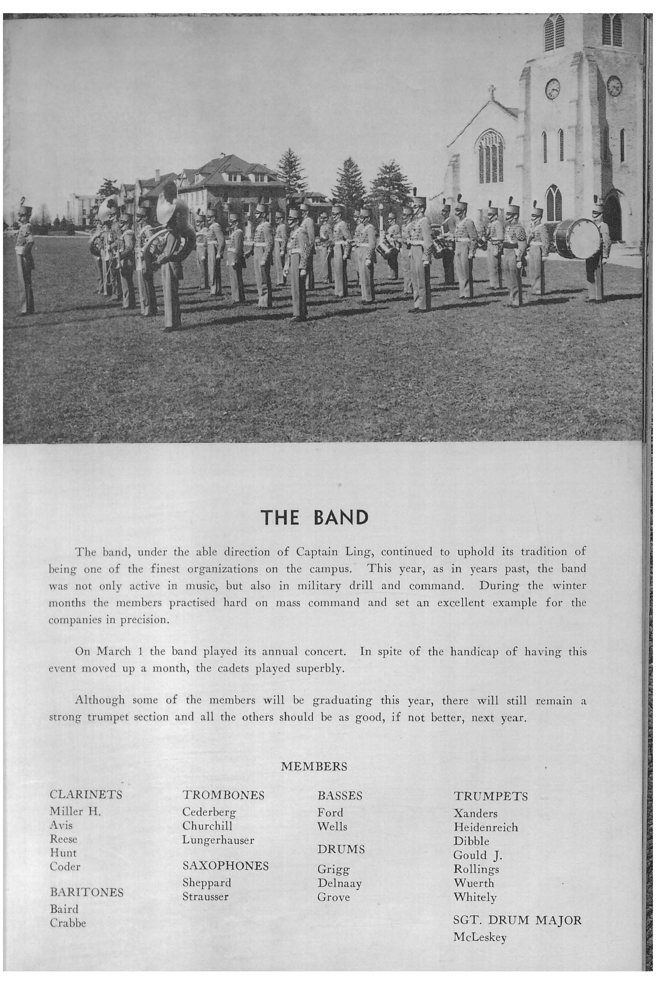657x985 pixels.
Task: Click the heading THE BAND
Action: [314, 518]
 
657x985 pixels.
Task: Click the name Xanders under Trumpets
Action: [475, 813]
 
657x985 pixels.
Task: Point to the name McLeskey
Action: [480, 938]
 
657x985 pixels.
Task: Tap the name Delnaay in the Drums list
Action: [339, 883]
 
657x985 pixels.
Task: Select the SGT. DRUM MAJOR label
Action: [517, 920]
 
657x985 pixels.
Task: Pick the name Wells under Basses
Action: [332, 827]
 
